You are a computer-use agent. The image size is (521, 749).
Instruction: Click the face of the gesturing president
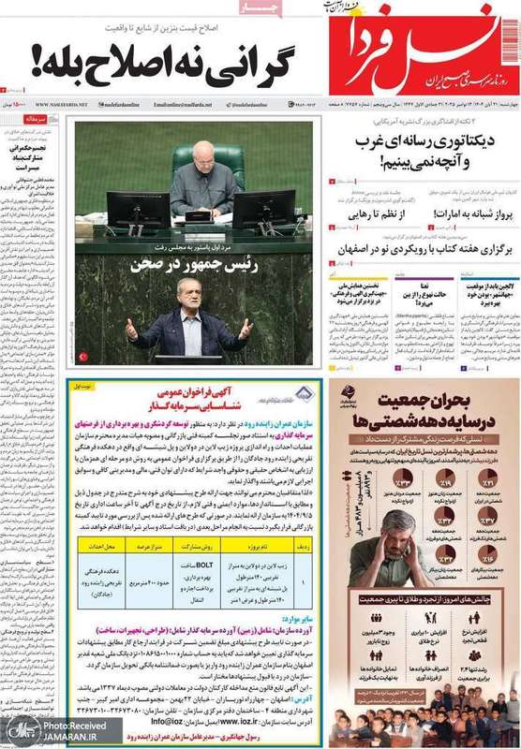[189, 301]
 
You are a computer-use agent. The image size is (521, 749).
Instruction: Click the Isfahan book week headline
[421, 250]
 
